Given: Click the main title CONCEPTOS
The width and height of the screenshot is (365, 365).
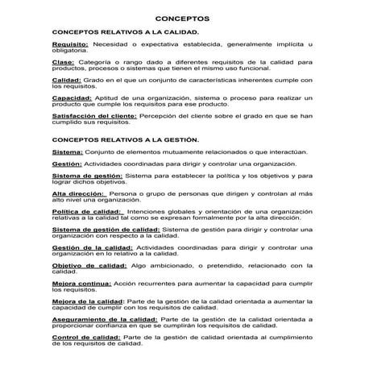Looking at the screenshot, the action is pos(181,18).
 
